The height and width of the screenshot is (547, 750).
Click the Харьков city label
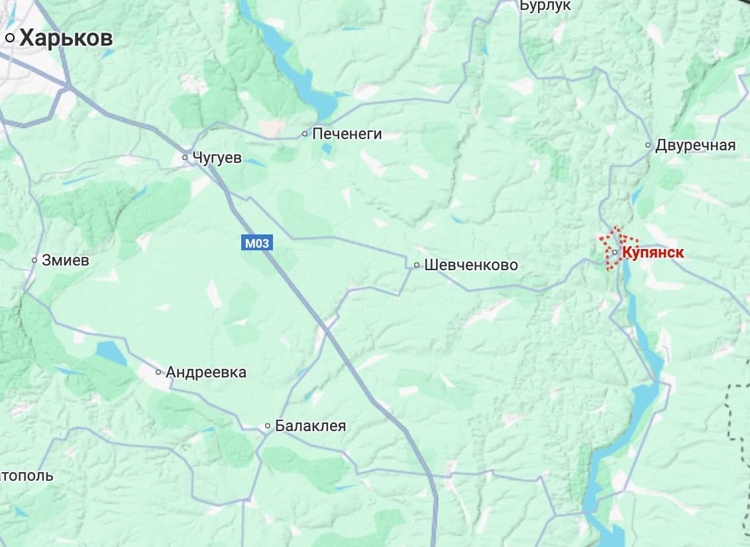tap(66, 38)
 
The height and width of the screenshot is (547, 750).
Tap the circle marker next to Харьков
tap(10, 38)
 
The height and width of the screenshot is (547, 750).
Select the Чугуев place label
tap(217, 158)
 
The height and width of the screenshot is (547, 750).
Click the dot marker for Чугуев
tap(186, 158)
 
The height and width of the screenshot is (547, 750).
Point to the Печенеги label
tap(347, 134)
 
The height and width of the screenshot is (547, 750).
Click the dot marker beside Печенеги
tap(305, 134)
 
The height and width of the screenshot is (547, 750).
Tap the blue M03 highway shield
tap(256, 243)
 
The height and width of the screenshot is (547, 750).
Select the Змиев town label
tap(65, 260)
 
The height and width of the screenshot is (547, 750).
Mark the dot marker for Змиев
tap(34, 260)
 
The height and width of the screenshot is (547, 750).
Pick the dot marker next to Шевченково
tap(417, 265)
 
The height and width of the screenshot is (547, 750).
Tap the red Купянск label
tap(653, 252)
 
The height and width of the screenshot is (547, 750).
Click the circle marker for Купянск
tap(616, 252)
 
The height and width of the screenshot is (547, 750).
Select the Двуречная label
tap(695, 146)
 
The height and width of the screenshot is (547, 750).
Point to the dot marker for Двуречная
tap(649, 145)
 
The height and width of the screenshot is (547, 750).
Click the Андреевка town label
tap(206, 372)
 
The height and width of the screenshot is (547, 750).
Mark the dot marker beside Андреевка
tap(158, 372)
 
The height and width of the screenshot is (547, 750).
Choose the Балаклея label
tap(310, 426)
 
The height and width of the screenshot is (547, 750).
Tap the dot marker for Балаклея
tap(268, 426)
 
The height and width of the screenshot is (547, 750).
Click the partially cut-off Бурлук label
tap(545, 5)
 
